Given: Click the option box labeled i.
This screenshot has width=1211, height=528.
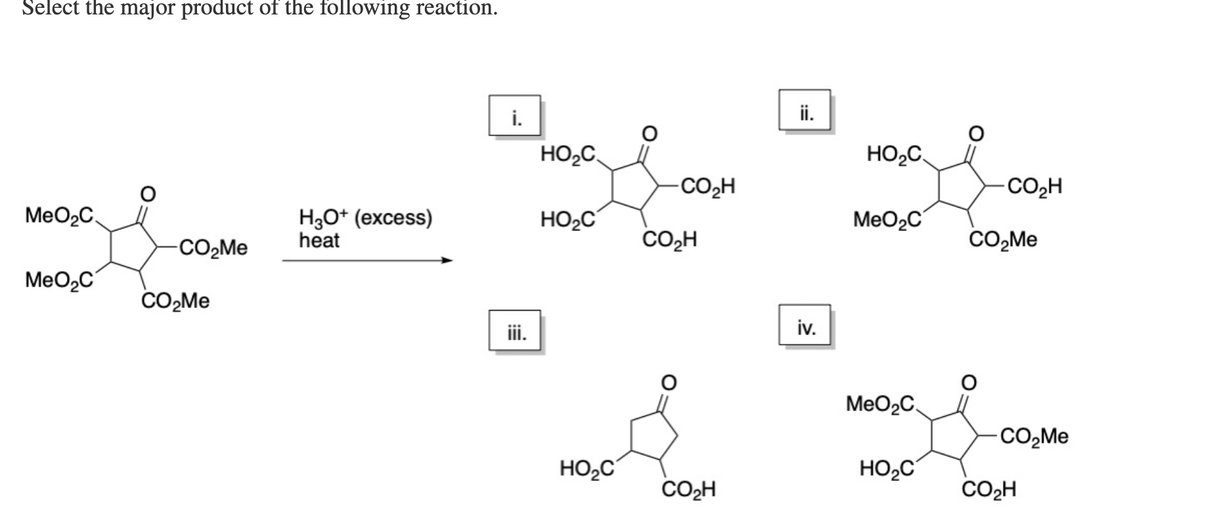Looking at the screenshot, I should click(515, 116).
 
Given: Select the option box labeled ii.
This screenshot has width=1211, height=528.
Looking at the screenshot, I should click(805, 110).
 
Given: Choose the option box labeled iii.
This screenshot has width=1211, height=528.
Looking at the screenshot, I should click(516, 332).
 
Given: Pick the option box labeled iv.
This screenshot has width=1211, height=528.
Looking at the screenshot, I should click(805, 325).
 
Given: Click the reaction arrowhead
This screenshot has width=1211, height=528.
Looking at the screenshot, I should click(447, 261).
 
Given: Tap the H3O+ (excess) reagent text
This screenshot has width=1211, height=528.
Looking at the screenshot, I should click(365, 218).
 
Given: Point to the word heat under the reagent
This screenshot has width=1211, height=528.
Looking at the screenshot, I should click(319, 240).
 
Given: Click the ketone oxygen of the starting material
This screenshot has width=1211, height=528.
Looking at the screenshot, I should click(148, 194).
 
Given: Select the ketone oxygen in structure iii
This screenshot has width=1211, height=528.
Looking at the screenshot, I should click(668, 382).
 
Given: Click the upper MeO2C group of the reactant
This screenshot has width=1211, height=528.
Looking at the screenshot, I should click(59, 215).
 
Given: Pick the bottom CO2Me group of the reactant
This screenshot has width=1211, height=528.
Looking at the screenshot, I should click(175, 301).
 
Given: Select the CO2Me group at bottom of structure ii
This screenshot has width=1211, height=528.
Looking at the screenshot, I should click(1003, 240).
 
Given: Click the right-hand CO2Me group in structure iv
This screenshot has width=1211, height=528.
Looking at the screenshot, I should click(1034, 436).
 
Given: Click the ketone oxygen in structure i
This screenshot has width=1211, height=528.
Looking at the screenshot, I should click(649, 133).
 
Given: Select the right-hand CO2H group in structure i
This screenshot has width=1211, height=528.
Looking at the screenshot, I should click(707, 187).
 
